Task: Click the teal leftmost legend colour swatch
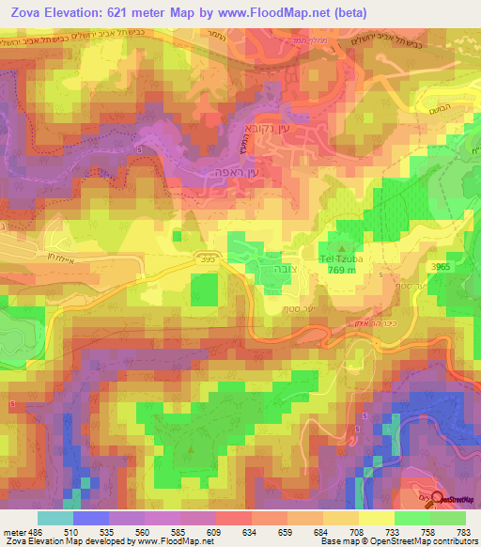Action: (54, 517)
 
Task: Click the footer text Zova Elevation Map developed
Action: (56, 541)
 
